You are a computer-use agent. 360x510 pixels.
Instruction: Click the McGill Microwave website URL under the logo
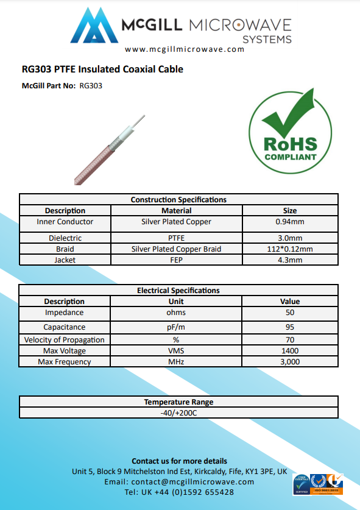(x=185, y=50)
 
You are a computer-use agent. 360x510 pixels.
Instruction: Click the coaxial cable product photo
(x=109, y=149)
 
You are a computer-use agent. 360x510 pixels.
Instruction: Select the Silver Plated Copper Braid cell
(x=176, y=249)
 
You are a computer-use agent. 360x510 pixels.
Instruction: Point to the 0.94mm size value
(x=290, y=222)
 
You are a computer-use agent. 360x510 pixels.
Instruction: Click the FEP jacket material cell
(x=176, y=260)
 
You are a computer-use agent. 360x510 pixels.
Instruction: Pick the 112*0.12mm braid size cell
(x=290, y=249)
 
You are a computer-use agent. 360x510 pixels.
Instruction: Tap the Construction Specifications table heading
(x=178, y=199)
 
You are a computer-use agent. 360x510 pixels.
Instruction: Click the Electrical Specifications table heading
(x=178, y=291)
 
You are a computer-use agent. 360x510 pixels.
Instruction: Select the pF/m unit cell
(x=176, y=327)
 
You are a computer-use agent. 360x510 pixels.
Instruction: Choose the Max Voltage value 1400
(x=290, y=351)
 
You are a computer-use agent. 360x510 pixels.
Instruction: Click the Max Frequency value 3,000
(x=290, y=362)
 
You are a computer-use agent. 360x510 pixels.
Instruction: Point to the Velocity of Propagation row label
(x=65, y=340)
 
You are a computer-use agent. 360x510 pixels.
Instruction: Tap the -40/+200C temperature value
(x=178, y=413)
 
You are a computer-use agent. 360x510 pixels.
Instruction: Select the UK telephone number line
(x=179, y=492)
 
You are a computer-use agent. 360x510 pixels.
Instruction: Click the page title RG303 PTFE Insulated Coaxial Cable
(x=102, y=69)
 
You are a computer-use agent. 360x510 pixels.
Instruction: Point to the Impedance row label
(x=65, y=313)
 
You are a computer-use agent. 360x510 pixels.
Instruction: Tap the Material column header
(x=176, y=211)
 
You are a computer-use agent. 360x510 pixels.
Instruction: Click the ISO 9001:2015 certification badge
(x=326, y=485)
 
